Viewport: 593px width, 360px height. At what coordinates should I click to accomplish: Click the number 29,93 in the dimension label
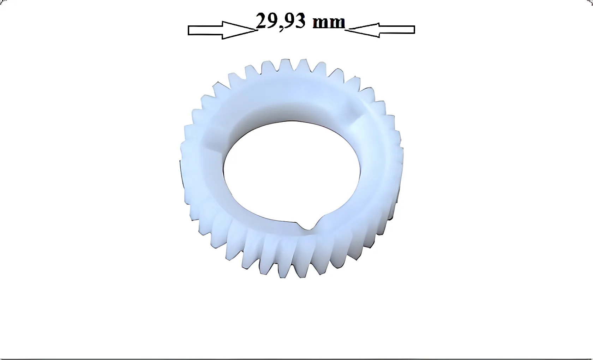point(280,21)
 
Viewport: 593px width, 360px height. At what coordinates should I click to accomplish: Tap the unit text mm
point(329,23)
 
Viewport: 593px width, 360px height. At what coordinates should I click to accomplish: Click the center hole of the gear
point(292,175)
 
